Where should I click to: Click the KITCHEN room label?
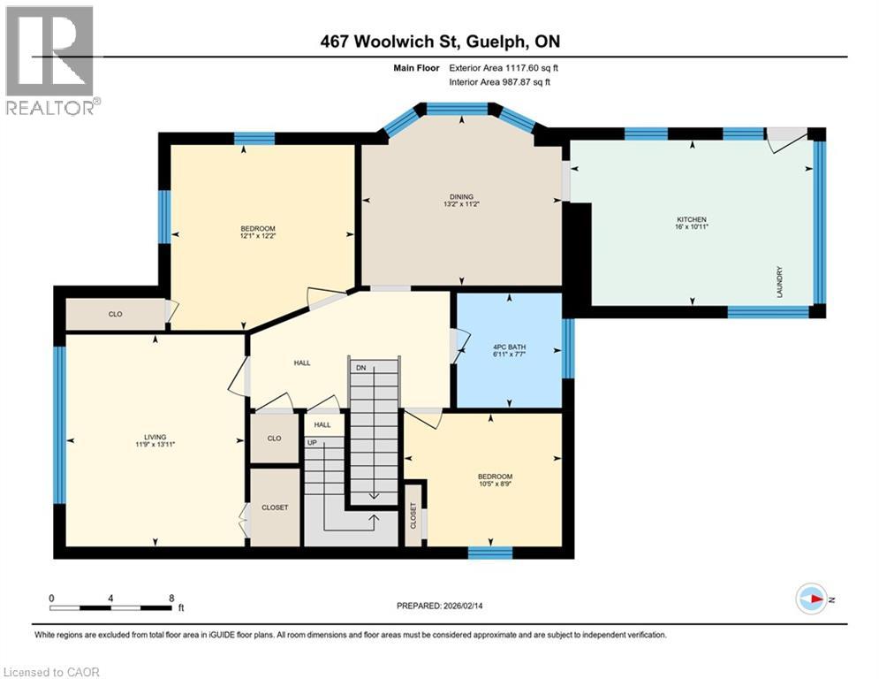(692, 219)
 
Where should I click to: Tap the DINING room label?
(461, 197)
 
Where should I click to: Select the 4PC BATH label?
(509, 347)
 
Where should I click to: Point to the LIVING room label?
(155, 437)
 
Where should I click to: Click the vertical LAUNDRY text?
(779, 282)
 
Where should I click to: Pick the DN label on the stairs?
(361, 368)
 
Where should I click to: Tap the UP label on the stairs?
(312, 443)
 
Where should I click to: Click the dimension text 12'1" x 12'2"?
(258, 236)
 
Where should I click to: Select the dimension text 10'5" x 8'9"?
(495, 484)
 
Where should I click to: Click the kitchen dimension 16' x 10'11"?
(692, 226)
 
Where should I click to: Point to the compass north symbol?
(812, 599)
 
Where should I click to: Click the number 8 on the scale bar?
(171, 599)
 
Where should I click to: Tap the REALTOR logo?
(51, 61)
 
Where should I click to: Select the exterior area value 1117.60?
(522, 68)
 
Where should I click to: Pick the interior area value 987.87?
(518, 82)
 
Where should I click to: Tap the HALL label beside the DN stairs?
(302, 363)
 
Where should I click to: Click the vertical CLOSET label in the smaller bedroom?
(413, 515)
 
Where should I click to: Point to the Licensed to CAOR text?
(51, 672)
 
